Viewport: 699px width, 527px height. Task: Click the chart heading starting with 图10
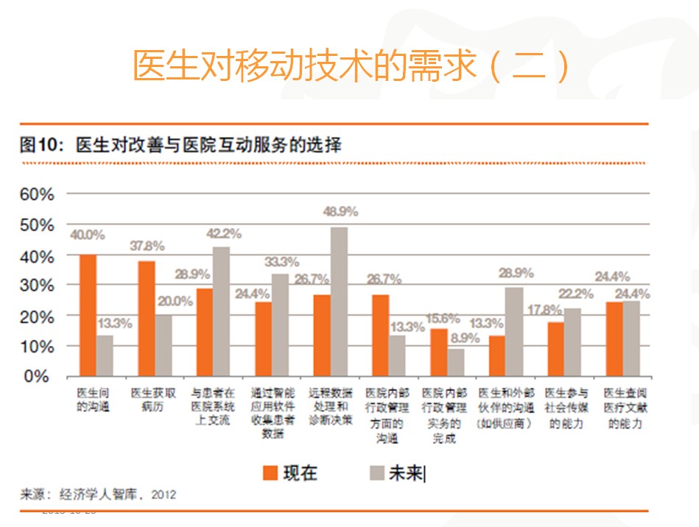click(180, 144)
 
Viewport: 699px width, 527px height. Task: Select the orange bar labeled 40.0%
click(88, 315)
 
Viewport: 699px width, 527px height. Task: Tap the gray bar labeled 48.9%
click(339, 301)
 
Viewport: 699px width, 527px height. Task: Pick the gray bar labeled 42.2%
click(221, 311)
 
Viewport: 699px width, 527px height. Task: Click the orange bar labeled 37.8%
click(147, 318)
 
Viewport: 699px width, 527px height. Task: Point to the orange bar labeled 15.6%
click(438, 352)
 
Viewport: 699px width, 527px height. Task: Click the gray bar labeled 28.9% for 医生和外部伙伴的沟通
click(515, 331)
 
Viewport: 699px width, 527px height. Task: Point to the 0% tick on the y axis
click(41, 376)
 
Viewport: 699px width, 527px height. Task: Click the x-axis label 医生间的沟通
click(93, 400)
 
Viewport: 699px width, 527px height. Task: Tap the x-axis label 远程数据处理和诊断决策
click(330, 406)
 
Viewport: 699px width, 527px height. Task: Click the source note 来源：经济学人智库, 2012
click(98, 493)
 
